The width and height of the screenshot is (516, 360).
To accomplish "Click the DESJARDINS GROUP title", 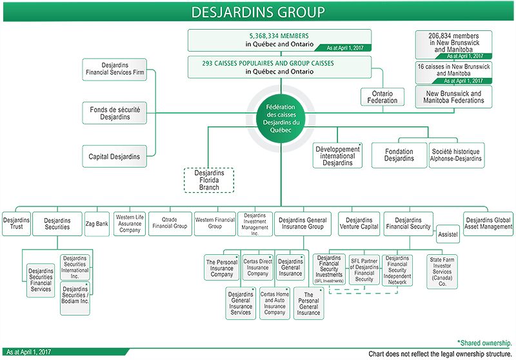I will click(x=258, y=12).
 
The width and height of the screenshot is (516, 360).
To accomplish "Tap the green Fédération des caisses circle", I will click(x=279, y=116).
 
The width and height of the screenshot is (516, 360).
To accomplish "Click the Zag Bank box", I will click(x=97, y=223).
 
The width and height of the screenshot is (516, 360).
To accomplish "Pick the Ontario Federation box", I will click(x=382, y=97).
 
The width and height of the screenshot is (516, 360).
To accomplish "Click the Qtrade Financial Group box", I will click(x=170, y=223).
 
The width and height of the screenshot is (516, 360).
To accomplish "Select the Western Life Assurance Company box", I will click(x=130, y=223).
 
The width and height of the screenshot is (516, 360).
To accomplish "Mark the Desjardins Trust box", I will click(x=16, y=223).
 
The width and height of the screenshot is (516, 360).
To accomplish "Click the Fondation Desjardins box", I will click(x=399, y=155).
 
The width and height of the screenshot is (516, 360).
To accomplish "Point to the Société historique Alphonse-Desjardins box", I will click(x=456, y=155).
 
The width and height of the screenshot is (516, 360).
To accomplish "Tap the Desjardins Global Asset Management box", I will click(x=488, y=223).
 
